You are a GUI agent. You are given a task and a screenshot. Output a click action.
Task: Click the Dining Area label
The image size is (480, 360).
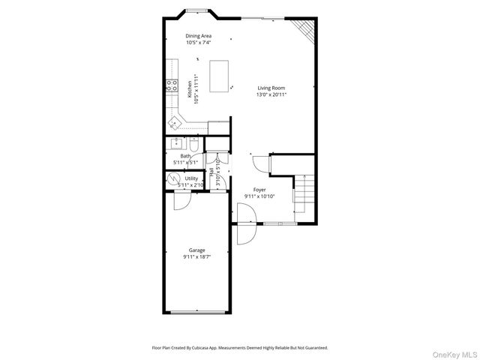coord(199,35)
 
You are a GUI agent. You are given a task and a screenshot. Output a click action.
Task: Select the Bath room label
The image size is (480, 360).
coord(185,156)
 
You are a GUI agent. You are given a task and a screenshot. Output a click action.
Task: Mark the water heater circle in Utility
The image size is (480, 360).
coord(174,179)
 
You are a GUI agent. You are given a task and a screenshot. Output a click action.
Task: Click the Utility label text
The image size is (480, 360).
coord(191,178)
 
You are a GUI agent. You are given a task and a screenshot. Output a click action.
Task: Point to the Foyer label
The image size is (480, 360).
coord(259,190)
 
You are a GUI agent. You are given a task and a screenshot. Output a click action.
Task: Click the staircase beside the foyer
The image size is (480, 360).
coord(304,192)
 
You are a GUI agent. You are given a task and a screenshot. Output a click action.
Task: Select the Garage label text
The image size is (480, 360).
coord(196,250)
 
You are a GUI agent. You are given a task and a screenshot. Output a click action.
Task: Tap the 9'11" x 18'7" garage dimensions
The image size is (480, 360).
coord(196,257)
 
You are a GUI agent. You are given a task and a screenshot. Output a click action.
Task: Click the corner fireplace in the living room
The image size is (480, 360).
coord(303,28)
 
